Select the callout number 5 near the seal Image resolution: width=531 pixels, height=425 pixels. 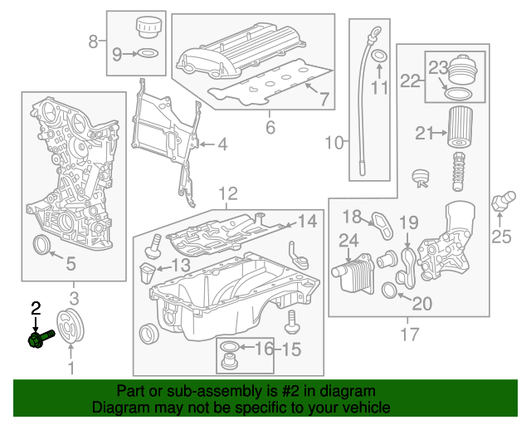click(71, 265)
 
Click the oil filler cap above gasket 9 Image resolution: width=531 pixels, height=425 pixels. click(149, 27)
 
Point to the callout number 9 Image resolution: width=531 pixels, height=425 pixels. click(117, 55)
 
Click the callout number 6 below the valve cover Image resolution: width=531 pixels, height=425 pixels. click(270, 127)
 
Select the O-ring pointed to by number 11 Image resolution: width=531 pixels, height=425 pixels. click(379, 57)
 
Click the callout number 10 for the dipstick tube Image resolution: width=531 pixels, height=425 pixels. click(334, 143)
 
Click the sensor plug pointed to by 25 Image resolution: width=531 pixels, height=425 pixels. click(500, 201)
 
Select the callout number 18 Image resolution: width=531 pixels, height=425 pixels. click(353, 217)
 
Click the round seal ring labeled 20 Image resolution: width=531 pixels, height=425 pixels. click(388, 290)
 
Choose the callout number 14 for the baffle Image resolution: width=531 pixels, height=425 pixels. click(307, 222)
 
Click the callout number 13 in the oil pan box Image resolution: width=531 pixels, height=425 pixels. click(181, 265)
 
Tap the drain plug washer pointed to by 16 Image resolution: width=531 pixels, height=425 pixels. click(231, 346)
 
